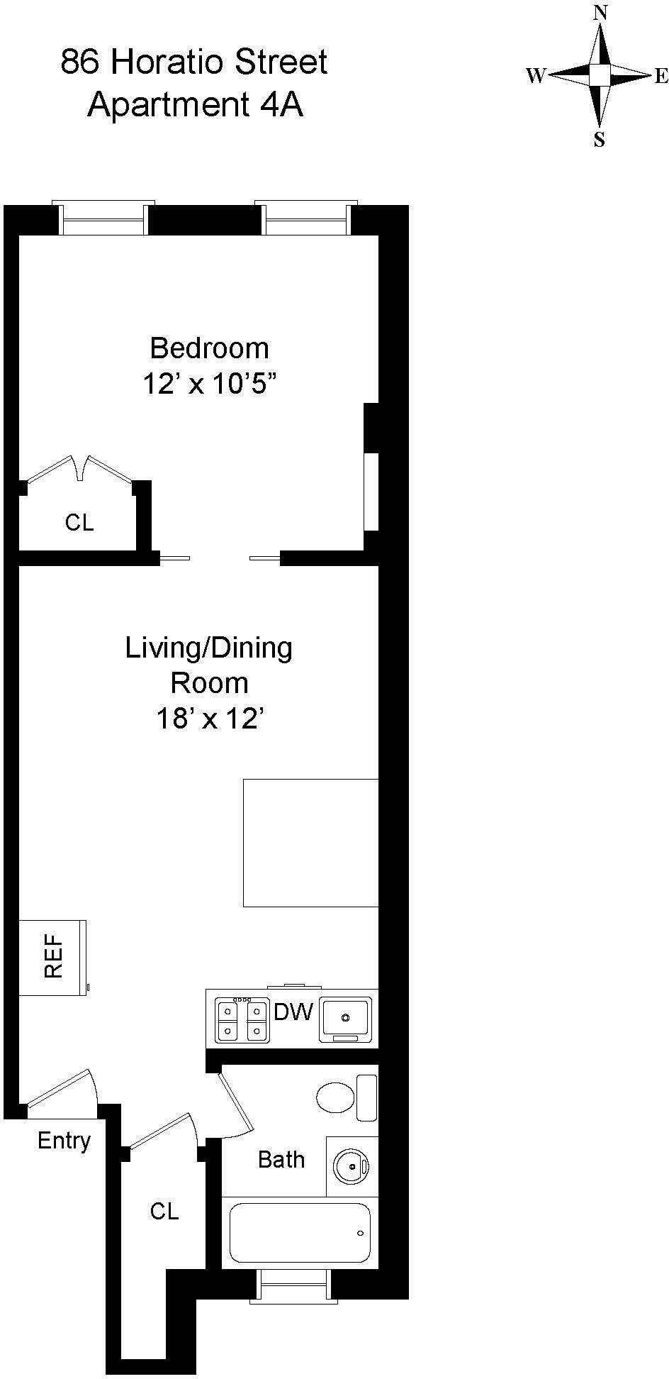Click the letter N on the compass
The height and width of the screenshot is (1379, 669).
coord(601,13)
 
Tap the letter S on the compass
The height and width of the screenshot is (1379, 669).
coord(600,140)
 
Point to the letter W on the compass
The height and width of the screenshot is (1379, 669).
coord(535,76)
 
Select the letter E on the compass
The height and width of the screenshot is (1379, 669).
coord(660,76)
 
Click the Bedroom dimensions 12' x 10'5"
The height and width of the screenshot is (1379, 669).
coord(209,384)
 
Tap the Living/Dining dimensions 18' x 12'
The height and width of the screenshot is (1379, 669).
coord(209,720)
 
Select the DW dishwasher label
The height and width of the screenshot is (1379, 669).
coord(293,1012)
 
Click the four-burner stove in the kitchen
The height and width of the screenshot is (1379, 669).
coord(243,1020)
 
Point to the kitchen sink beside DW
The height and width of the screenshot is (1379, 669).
coord(345,1019)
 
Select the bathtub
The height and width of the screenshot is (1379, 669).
coord(300,1233)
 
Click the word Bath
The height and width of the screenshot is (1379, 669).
coord(281,1160)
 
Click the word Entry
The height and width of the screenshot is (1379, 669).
coord(64,1141)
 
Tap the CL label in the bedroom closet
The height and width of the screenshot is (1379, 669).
coord(79,523)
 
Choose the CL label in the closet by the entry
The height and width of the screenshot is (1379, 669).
coord(164,1211)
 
